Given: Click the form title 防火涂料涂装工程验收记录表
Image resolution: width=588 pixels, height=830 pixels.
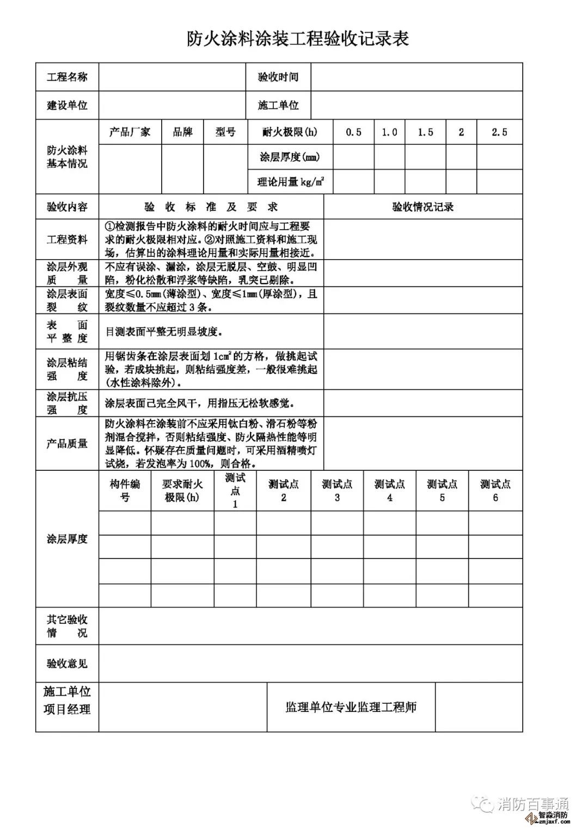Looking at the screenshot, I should [x=297, y=39].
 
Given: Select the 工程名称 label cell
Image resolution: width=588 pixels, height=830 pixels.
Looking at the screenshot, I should [x=67, y=77].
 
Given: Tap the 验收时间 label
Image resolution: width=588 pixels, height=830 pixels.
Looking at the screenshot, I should [x=278, y=77].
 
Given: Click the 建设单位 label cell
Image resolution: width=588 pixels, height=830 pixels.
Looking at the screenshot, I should [x=67, y=105].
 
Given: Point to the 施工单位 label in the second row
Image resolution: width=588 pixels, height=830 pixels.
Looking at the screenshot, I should [x=278, y=105].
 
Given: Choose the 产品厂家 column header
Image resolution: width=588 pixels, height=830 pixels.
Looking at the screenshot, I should [x=130, y=132].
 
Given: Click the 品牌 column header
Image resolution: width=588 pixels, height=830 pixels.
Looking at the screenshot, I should [x=182, y=132].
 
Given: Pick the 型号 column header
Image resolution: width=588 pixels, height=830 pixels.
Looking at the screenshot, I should [x=225, y=132].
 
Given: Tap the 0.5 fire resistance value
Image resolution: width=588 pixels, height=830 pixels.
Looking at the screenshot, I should [x=353, y=132].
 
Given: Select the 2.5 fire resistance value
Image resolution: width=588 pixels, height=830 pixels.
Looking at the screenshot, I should [x=499, y=132].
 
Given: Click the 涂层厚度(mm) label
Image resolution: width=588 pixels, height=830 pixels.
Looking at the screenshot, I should [x=290, y=157].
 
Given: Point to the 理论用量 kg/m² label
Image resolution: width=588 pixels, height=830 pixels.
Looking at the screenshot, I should [x=291, y=182].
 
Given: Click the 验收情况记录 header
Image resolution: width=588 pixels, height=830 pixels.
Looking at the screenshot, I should [x=423, y=207].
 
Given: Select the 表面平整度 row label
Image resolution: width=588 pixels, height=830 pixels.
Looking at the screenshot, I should [x=67, y=331].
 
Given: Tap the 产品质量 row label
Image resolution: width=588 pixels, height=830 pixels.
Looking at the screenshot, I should [x=67, y=444].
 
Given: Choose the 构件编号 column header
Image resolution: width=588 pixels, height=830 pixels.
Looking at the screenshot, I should [x=125, y=490].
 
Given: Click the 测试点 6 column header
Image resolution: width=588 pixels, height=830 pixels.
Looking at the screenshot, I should [x=495, y=490].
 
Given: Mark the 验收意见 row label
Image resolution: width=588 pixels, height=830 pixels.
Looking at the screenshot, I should [x=67, y=663].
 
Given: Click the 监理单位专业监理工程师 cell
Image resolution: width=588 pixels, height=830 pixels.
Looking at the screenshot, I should [x=351, y=707].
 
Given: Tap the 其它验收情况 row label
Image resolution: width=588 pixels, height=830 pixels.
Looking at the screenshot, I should [x=67, y=626].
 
